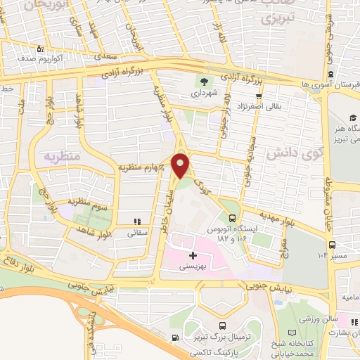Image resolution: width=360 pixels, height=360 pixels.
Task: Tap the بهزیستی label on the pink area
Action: point(192,266)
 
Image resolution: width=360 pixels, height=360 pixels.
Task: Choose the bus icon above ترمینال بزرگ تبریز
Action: point(222,325)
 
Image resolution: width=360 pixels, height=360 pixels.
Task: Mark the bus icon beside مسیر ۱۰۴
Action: point(331,246)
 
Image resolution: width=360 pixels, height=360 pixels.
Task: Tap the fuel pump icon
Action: point(174,337)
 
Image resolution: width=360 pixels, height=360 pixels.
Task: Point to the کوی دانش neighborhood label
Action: point(287,151)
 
